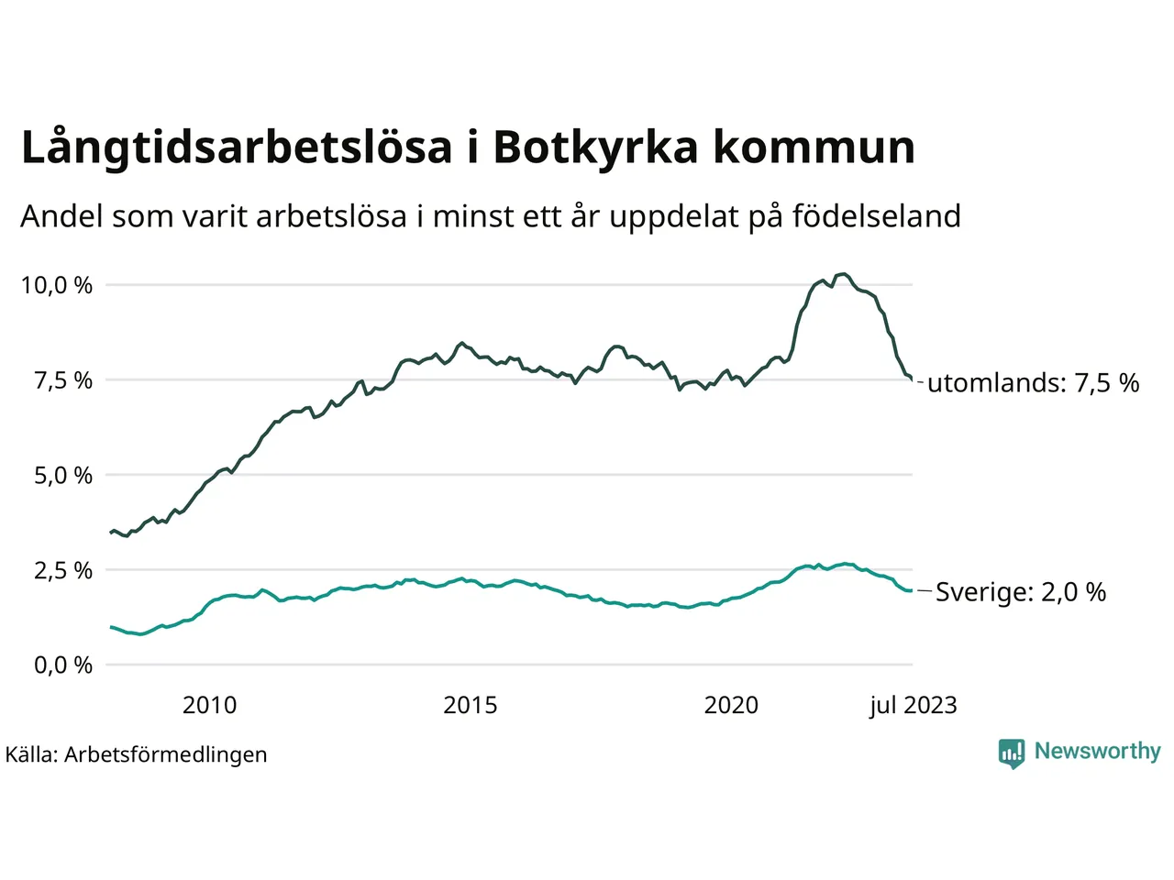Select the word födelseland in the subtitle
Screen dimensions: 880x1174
click(876, 217)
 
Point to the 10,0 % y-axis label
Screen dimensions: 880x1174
click(57, 286)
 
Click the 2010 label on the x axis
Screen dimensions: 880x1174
click(209, 705)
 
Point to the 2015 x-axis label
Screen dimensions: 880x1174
click(470, 705)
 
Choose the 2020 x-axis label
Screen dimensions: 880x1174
click(731, 705)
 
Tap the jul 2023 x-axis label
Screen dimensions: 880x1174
click(913, 705)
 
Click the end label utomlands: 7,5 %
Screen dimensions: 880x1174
click(1033, 383)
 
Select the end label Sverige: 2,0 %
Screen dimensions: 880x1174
click(1020, 592)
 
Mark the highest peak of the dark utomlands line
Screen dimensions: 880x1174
click(844, 274)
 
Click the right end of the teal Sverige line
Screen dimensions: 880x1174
click(911, 590)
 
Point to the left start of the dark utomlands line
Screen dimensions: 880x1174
click(111, 532)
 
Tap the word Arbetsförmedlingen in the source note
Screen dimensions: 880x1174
click(166, 754)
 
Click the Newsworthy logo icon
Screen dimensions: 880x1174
click(1011, 753)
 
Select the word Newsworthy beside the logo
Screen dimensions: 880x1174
click(1097, 752)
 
